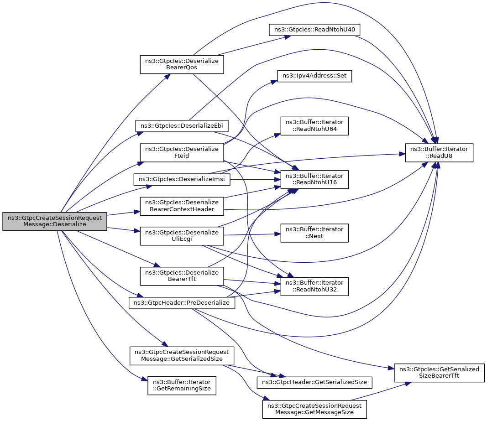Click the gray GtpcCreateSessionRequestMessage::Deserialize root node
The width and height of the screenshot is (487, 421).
55,221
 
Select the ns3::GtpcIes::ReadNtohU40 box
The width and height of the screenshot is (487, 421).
314,30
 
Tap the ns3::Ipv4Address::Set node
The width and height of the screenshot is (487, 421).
314,76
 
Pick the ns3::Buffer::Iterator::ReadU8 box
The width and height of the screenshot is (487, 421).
439,153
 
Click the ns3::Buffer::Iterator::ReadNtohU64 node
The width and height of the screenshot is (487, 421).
314,126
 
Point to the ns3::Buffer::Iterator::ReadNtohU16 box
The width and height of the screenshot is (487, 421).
314,179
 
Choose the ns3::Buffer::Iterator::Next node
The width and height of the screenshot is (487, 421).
314,233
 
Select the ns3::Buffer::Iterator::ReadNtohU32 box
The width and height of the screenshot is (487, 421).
314,286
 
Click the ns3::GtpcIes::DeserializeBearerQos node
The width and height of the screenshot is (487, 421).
182,64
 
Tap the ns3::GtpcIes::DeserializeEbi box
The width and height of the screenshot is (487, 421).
182,126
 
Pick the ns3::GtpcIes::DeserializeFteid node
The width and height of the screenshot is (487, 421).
182,152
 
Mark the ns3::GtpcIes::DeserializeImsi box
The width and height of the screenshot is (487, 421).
182,179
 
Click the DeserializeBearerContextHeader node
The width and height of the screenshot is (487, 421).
182,206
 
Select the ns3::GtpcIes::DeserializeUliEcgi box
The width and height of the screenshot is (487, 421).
182,236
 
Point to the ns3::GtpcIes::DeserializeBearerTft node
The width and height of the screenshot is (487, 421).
182,276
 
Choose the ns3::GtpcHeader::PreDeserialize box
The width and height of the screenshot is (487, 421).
182,303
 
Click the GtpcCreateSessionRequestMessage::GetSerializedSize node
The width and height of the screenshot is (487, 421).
182,356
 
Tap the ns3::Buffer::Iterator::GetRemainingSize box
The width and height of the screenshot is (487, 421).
182,385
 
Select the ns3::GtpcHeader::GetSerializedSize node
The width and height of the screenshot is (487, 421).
314,382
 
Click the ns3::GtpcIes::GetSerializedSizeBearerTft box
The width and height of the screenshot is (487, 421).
439,373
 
